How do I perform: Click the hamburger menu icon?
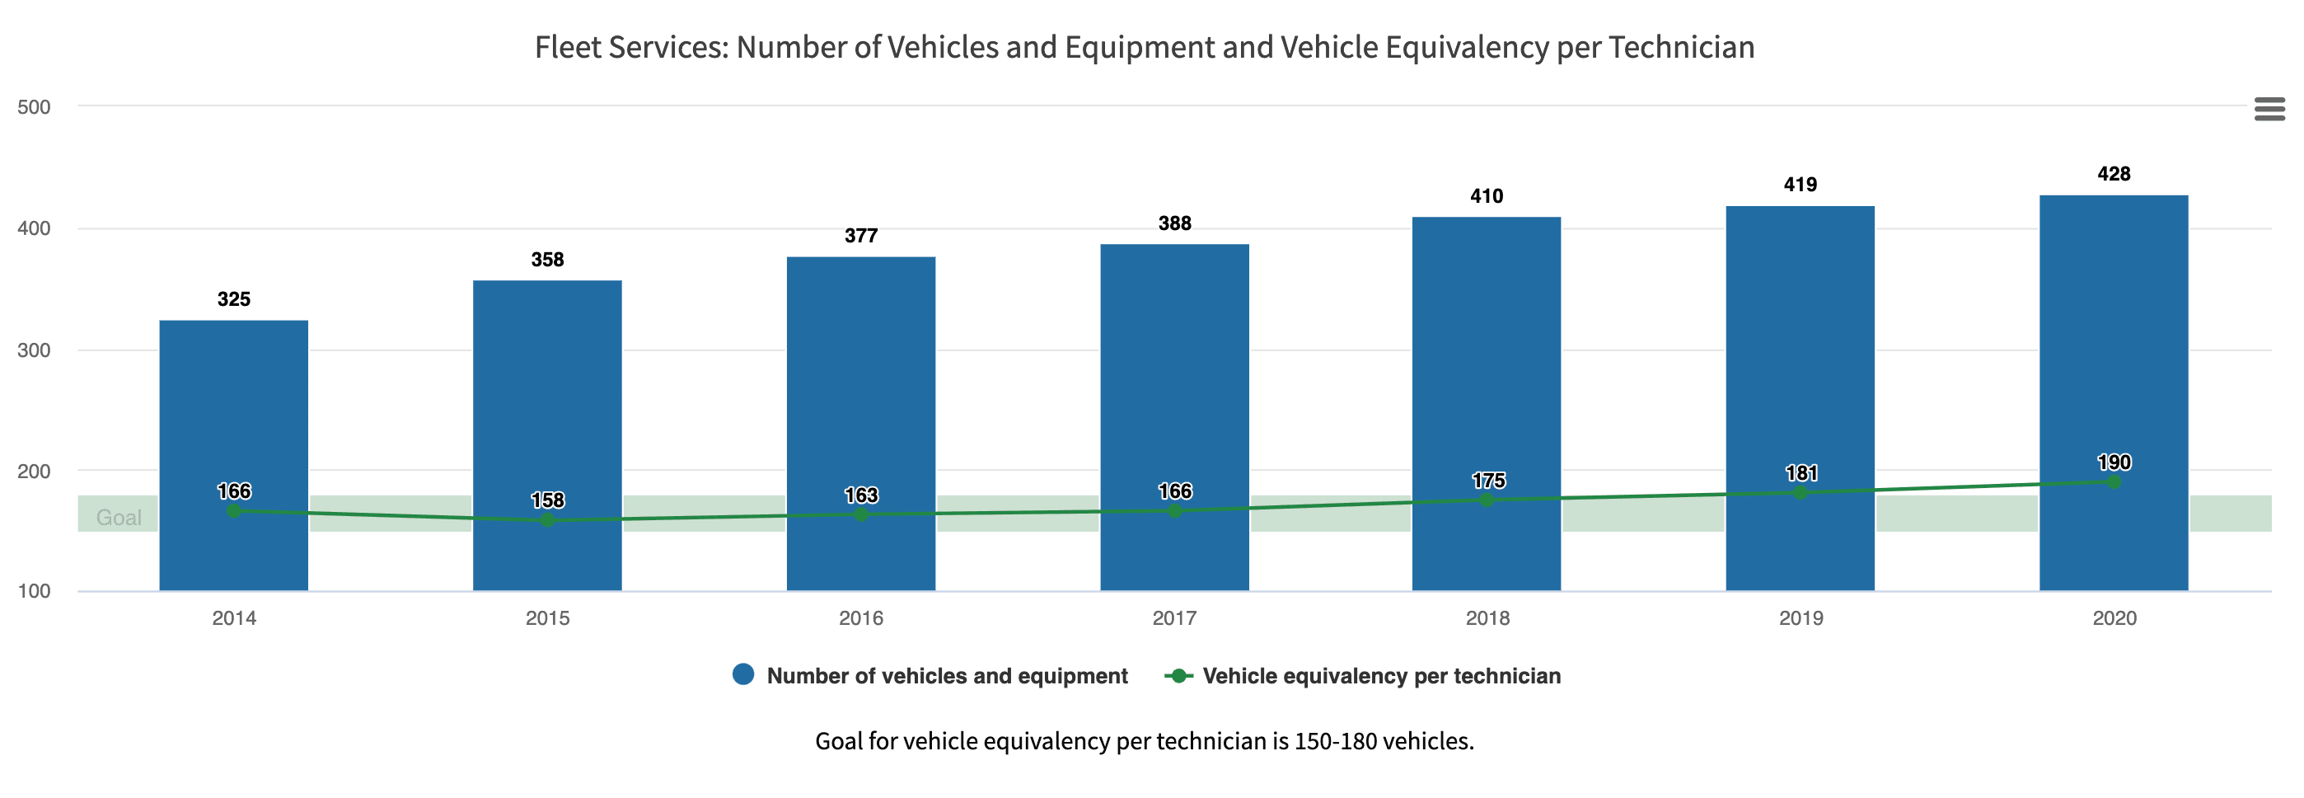[2269, 109]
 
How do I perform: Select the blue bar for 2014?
[233, 402]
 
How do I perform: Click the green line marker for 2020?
[2114, 482]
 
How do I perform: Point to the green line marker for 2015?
[547, 520]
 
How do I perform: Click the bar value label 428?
[2114, 175]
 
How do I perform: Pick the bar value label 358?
[547, 261]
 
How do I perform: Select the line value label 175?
[1488, 481]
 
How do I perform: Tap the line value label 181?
[1801, 473]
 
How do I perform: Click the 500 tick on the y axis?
[34, 107]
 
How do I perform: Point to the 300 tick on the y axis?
[34, 350]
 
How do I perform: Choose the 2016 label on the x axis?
[860, 618]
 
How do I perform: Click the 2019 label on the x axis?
[1801, 618]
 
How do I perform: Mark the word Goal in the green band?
[119, 518]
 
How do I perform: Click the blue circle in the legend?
[743, 675]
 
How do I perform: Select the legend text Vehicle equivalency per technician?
[1381, 676]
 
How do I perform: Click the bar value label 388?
[1174, 223]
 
